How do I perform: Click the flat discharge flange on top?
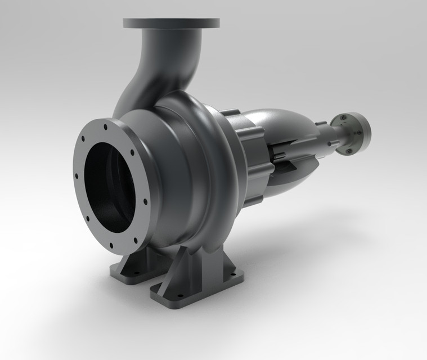pyautogui.click(x=172, y=23)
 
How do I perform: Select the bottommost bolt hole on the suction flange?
pyautogui.click(x=111, y=246)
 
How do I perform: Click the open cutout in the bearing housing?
pyautogui.click(x=287, y=160)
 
